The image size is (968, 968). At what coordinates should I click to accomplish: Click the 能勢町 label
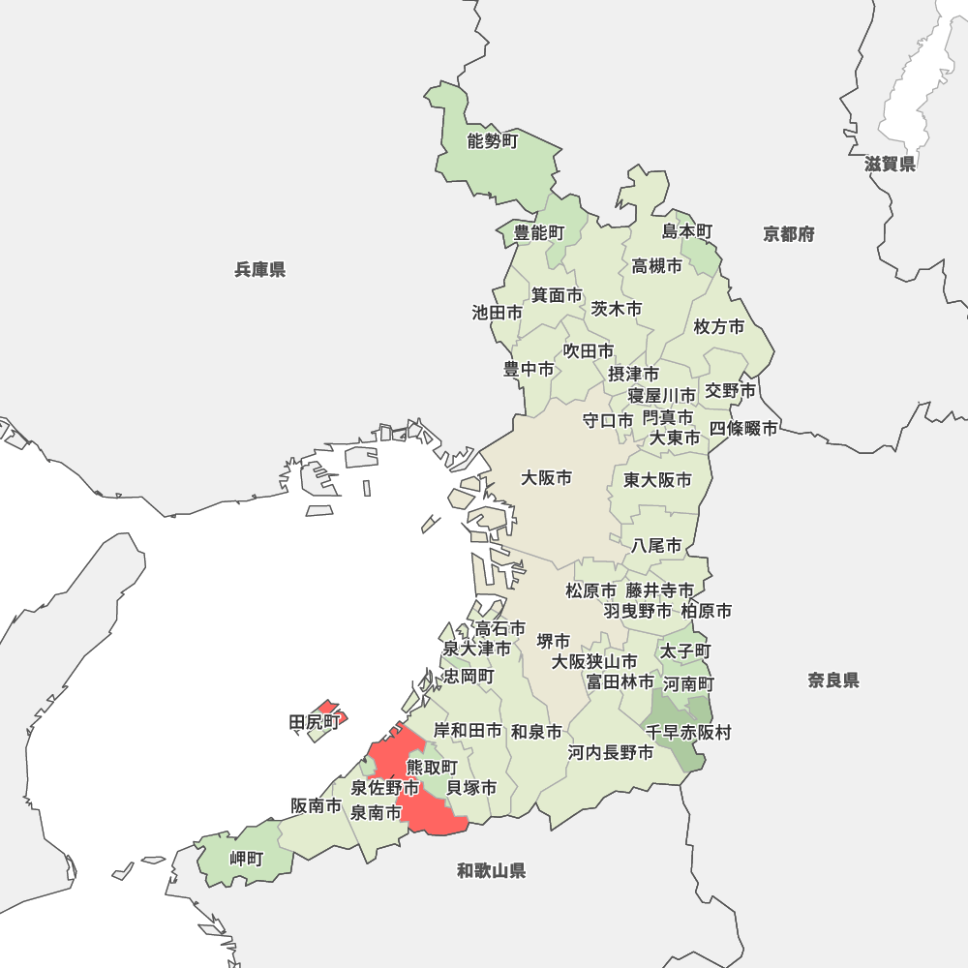click(x=493, y=141)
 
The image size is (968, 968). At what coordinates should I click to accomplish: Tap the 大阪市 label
click(x=546, y=477)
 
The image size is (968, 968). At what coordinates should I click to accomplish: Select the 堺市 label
click(x=554, y=641)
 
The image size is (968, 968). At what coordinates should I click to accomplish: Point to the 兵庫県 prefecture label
click(x=259, y=269)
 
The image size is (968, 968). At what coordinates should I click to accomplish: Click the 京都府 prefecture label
click(x=788, y=234)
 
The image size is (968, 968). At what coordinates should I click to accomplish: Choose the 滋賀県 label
click(x=890, y=164)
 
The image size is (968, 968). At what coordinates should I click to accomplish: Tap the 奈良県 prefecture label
click(x=833, y=681)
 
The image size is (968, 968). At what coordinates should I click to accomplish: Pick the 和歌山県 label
click(x=491, y=871)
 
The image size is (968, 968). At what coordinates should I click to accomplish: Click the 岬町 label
click(x=246, y=859)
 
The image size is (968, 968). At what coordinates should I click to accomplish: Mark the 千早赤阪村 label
click(x=688, y=733)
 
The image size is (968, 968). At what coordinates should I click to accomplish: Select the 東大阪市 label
click(x=657, y=480)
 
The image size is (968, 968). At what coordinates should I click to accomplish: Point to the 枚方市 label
click(x=719, y=327)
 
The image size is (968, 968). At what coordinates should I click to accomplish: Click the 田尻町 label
click(x=315, y=722)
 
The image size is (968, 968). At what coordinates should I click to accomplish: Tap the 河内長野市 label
click(x=610, y=752)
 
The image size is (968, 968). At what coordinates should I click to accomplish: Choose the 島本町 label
click(x=687, y=231)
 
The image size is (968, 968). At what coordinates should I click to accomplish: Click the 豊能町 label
click(x=538, y=232)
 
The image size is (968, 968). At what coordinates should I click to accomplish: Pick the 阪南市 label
click(x=316, y=805)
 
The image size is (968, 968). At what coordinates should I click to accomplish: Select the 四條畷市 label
click(x=743, y=428)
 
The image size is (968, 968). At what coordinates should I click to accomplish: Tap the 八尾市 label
click(x=656, y=546)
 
